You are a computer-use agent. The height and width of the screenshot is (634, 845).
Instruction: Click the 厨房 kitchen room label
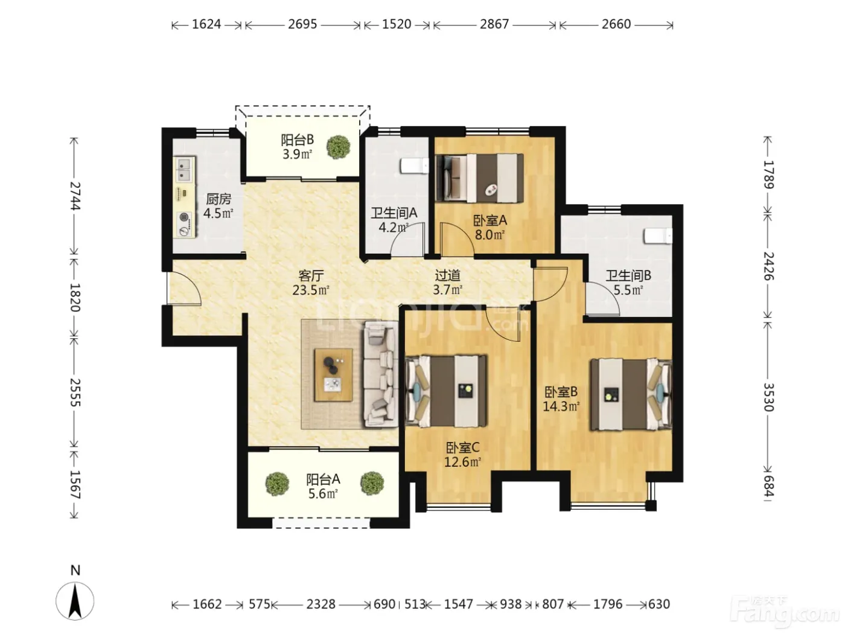[x=218, y=199]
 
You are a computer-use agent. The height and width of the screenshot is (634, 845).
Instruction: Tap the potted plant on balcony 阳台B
[x=339, y=147]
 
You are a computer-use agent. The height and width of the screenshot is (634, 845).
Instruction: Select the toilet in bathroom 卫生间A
[x=415, y=166]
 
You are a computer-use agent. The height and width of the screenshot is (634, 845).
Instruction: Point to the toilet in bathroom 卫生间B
[x=658, y=235]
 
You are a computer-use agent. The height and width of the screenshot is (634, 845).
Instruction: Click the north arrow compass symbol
[x=75, y=601]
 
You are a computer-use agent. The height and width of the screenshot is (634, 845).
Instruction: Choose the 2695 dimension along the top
[x=302, y=24]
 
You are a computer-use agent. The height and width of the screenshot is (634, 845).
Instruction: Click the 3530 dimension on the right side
[x=768, y=397]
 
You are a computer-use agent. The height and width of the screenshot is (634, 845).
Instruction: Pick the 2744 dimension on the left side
[x=75, y=196]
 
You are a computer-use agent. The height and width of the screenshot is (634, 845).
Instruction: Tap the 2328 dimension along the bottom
[x=320, y=604]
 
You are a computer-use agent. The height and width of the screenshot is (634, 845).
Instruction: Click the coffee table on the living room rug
[x=333, y=375]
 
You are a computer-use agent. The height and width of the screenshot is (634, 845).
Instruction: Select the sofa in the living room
[x=381, y=374]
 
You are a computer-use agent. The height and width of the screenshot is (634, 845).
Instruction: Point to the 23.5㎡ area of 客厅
[x=311, y=290]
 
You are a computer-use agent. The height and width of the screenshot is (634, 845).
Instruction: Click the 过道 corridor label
[x=447, y=275]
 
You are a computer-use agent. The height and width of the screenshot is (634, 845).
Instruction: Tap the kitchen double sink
[x=185, y=170]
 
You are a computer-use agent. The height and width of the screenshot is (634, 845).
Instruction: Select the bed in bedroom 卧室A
[x=480, y=178]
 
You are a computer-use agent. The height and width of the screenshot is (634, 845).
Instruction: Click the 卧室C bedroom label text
[x=463, y=447]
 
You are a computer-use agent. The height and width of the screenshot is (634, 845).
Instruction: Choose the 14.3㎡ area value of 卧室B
[x=561, y=406]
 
